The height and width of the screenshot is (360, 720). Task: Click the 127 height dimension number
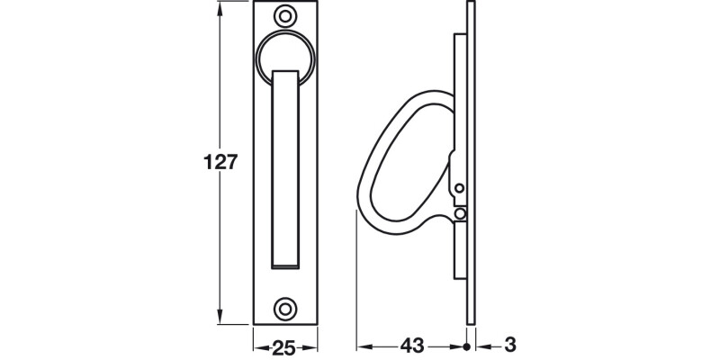tap(220, 163)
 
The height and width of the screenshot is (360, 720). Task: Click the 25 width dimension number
tap(286, 346)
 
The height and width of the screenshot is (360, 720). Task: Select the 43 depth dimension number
tap(414, 346)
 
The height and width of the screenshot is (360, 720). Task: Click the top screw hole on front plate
tap(286, 16)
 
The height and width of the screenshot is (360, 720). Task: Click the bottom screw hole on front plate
tap(286, 308)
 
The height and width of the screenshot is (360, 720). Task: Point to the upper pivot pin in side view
tap(460, 188)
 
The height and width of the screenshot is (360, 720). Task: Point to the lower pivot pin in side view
tap(460, 213)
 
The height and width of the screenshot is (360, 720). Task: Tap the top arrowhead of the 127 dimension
tap(220, 7)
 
